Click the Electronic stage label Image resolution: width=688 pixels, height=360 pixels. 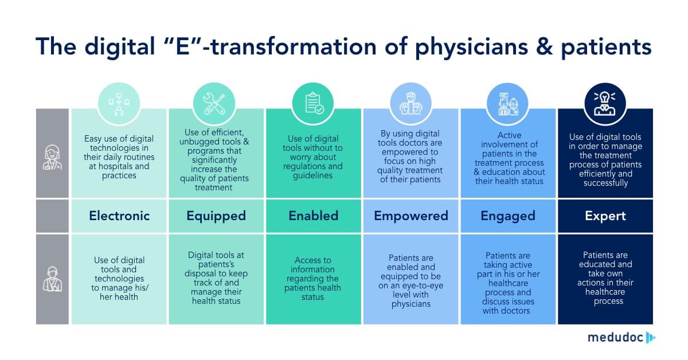119,216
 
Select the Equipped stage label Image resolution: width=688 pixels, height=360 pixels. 216,217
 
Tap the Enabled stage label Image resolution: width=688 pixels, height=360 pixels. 313,216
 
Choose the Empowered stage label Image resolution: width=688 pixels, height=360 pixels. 411,217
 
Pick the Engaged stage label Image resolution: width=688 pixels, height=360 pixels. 508,217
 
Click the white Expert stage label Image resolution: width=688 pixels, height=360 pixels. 605,217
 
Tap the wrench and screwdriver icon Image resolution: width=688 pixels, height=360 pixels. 214,104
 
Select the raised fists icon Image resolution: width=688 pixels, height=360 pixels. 411,104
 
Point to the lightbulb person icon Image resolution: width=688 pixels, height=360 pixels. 605,104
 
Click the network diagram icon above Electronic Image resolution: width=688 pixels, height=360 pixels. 119,104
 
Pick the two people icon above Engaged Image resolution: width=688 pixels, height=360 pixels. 508,104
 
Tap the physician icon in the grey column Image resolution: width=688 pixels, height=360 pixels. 52,157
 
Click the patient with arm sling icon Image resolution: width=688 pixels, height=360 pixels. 52,279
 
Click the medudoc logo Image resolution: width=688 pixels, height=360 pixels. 621,338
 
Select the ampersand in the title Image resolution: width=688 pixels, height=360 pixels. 544,46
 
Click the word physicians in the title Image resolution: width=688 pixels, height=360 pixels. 471,48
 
